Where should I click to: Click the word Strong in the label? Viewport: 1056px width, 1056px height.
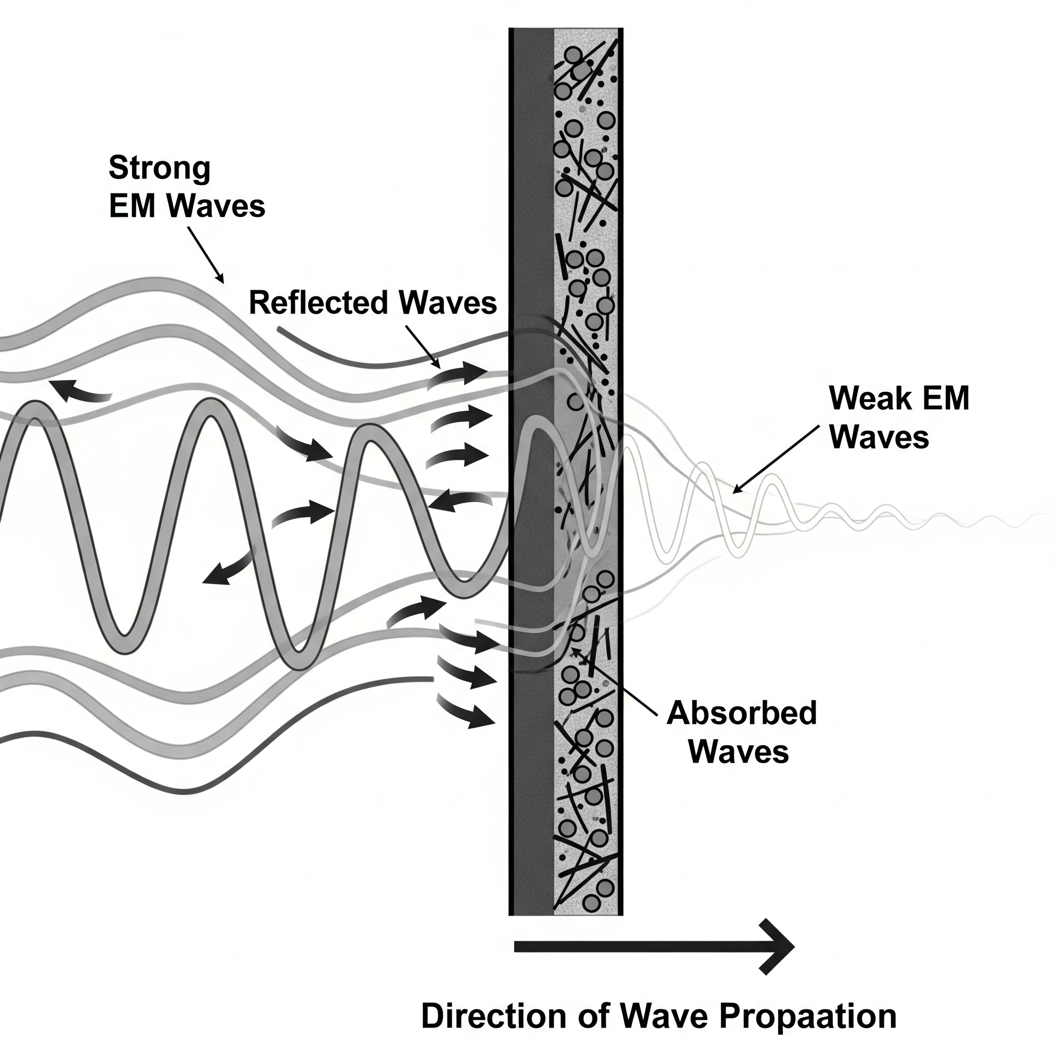160,168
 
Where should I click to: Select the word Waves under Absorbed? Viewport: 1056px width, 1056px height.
738,752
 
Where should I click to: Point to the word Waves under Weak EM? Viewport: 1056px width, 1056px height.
880,438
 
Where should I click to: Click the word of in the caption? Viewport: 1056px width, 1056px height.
593,1016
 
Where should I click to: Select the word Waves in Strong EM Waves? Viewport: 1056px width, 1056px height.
216,207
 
